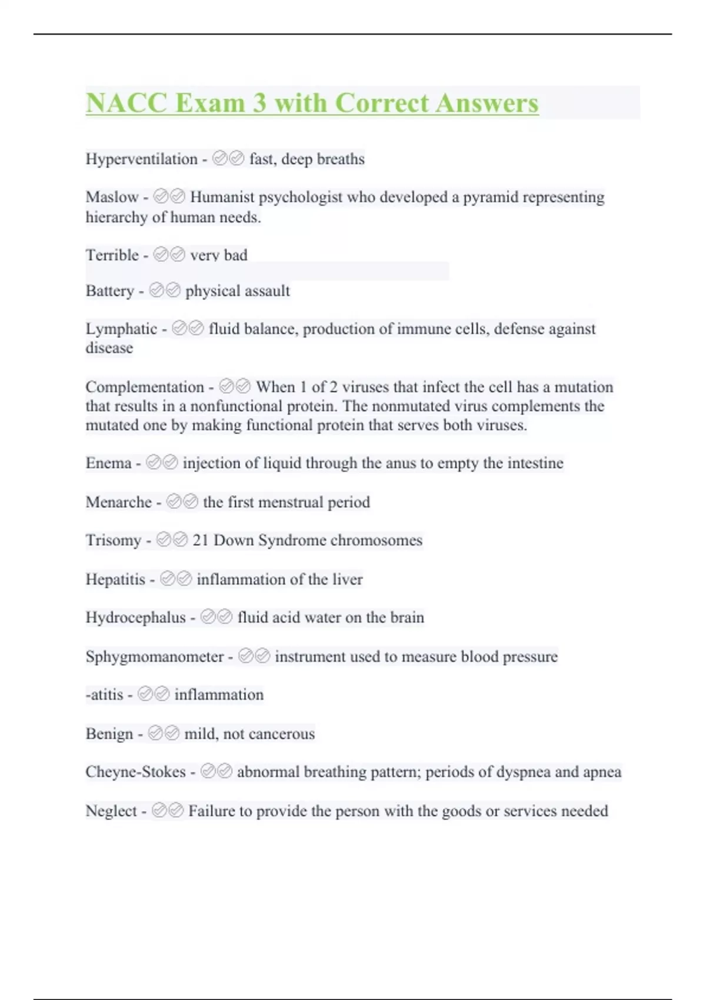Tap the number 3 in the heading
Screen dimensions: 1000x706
tap(259, 103)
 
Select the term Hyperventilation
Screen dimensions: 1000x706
tap(141, 159)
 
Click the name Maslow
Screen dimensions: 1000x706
tap(112, 197)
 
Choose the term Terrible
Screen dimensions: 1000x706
tap(112, 255)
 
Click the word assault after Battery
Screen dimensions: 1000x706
tap(264, 291)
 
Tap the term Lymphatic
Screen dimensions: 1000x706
tap(121, 329)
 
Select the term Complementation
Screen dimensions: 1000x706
tap(145, 387)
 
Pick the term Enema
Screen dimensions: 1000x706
tap(108, 464)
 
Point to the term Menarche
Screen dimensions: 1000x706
tap(118, 502)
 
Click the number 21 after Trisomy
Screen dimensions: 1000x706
tap(201, 541)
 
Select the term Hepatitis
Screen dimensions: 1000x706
tap(115, 579)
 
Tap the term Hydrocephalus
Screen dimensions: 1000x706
tap(135, 618)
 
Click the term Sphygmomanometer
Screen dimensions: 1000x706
tap(154, 657)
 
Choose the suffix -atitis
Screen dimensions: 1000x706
tap(104, 695)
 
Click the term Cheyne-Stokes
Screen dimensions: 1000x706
tap(135, 772)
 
